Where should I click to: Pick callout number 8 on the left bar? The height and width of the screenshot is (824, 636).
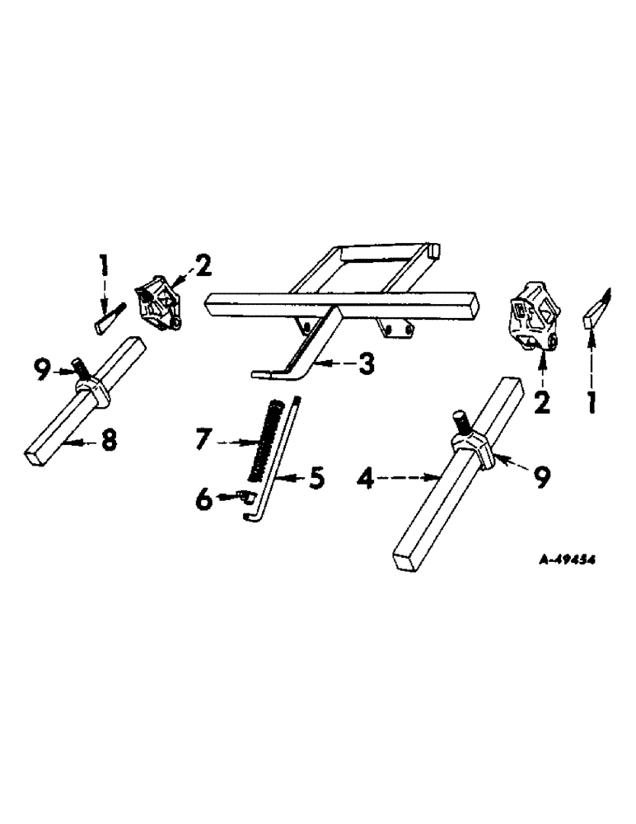pyautogui.click(x=108, y=442)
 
